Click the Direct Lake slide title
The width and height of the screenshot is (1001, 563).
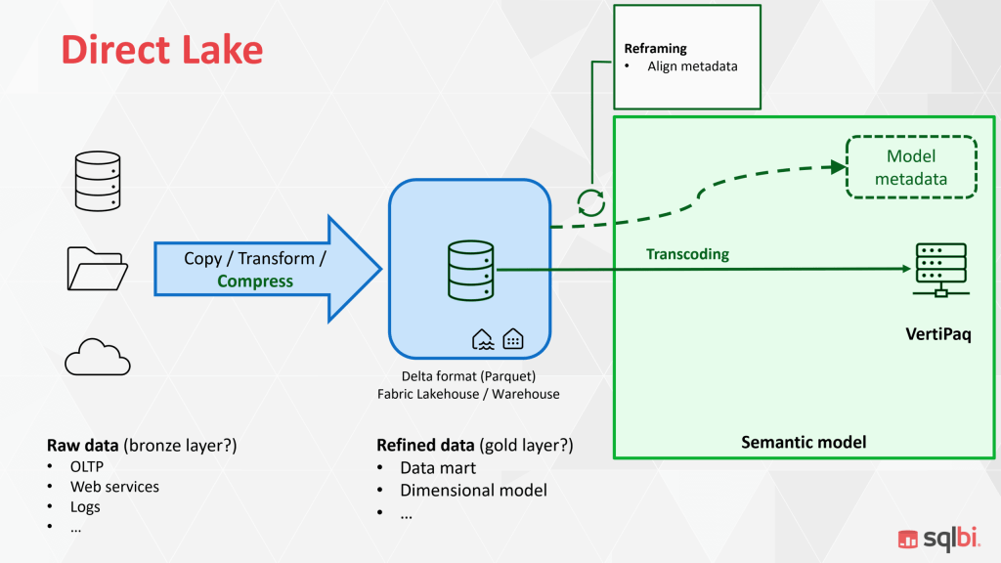point(162,49)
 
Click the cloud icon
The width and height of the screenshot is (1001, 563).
point(97,357)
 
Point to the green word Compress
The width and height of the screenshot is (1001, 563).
point(255,281)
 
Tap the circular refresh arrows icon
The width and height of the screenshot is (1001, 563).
point(590,201)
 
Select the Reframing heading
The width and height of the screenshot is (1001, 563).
point(655,48)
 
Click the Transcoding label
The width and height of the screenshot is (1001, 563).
point(687,254)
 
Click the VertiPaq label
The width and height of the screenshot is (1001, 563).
point(937,335)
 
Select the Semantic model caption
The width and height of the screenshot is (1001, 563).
point(804,443)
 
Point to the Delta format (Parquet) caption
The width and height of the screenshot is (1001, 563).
point(468,376)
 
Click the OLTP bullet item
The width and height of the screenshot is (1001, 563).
point(86,467)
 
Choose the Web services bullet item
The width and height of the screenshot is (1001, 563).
point(114,487)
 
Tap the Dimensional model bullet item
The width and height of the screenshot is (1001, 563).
point(473,491)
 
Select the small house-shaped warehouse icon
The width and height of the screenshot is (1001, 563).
point(512,338)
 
